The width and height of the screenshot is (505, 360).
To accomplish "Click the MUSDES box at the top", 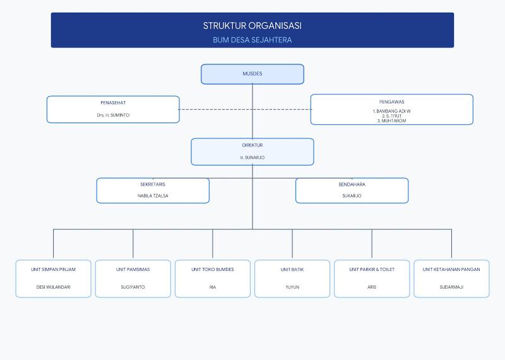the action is pyautogui.click(x=252, y=74).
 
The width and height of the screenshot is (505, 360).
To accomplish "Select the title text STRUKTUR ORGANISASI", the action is pyautogui.click(x=252, y=26).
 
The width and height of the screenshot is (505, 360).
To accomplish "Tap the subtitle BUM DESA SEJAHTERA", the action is pyautogui.click(x=252, y=40).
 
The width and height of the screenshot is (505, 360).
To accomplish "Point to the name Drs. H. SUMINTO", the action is pyautogui.click(x=113, y=115).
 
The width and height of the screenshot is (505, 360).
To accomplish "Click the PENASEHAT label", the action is pyautogui.click(x=113, y=103).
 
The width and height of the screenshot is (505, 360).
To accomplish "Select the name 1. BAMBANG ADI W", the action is pyautogui.click(x=391, y=111).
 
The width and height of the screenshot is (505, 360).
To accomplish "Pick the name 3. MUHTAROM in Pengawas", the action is pyautogui.click(x=391, y=121).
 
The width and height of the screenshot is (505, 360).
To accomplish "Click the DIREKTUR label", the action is pyautogui.click(x=252, y=145).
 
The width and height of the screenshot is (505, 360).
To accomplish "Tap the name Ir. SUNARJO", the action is pyautogui.click(x=252, y=158).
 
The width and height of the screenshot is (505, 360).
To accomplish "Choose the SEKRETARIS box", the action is pyautogui.click(x=153, y=191).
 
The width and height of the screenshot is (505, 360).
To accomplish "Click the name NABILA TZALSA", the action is pyautogui.click(x=153, y=196).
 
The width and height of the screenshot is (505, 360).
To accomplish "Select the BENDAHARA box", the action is pyautogui.click(x=352, y=191).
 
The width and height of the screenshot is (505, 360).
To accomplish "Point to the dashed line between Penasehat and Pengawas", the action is pyautogui.click(x=245, y=110).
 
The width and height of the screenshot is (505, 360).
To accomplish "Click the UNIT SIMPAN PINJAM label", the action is pyautogui.click(x=53, y=270).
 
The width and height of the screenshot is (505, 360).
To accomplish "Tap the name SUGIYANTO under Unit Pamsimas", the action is pyautogui.click(x=133, y=287).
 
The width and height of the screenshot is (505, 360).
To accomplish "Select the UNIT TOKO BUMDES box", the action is pyautogui.click(x=213, y=279).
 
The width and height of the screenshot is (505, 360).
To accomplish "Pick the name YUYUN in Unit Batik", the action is pyautogui.click(x=292, y=287).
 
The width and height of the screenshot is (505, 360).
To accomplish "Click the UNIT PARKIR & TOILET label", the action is pyautogui.click(x=372, y=270).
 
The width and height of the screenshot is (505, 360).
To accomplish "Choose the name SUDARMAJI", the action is pyautogui.click(x=451, y=287).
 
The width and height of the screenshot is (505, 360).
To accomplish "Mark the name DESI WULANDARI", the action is pyautogui.click(x=53, y=287).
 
